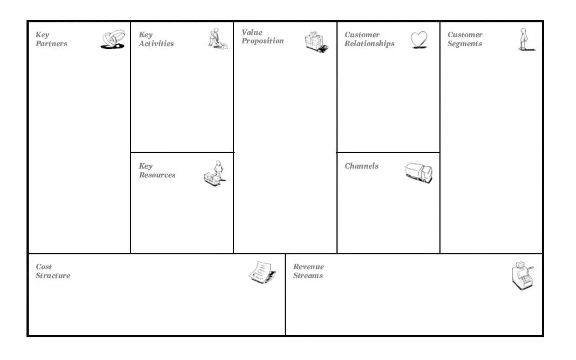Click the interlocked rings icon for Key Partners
pos(113,39)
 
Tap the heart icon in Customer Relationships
pos(419,40)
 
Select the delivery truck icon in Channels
pos(418,173)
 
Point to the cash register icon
pos(522,276)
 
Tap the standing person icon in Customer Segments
pos(524,39)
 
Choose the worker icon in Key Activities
pos(217,39)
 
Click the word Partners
pos(51,44)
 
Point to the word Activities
pos(156,44)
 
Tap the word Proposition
pos(263,41)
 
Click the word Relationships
pos(369,44)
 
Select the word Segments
pos(465,44)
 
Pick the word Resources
pos(157,175)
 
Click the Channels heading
pos(361,166)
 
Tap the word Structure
pos(53,276)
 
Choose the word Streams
pos(308,276)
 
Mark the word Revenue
pos(308,267)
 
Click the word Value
pos(252,32)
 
